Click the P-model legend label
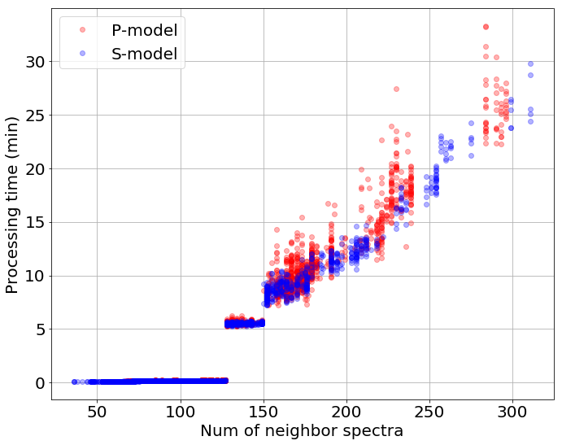pos(144,30)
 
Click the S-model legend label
pos(144,55)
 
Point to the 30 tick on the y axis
pos(34,62)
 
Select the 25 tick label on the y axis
pos(34,116)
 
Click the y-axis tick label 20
pos(34,169)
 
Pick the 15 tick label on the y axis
pos(34,222)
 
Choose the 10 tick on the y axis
pos(34,276)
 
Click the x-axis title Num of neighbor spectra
pos(302,431)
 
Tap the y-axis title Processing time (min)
pos(12,203)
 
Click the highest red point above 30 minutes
pos(486,27)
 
